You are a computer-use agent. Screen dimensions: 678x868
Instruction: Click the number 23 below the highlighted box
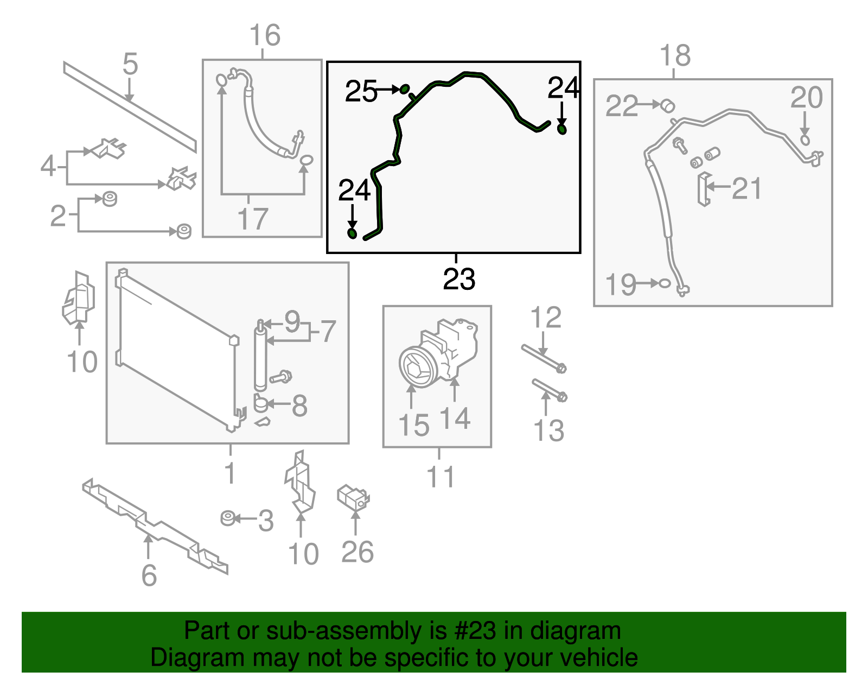[459, 279]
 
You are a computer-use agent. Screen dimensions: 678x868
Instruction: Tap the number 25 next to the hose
[361, 91]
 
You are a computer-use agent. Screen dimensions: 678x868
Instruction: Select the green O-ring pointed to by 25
[405, 89]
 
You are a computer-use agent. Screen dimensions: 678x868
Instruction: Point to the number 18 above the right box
[675, 56]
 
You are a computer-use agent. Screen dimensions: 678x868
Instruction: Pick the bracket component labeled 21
[704, 189]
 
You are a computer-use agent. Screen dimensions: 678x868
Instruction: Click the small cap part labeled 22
[667, 105]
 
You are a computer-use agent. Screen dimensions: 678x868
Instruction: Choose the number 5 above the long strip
[130, 64]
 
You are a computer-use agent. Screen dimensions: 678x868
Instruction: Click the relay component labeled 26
[353, 497]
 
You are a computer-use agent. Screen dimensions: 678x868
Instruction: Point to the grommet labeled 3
[228, 518]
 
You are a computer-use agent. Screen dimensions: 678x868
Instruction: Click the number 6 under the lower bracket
[149, 575]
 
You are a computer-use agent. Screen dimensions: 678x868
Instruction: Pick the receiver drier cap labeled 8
[261, 404]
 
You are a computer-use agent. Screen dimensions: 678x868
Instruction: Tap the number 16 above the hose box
[265, 36]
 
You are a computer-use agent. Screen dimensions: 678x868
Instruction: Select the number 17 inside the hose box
[253, 219]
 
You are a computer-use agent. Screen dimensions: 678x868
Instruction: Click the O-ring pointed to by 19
[665, 283]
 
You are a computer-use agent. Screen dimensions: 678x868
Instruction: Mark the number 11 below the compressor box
[440, 477]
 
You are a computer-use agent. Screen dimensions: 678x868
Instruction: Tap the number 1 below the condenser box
[230, 473]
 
